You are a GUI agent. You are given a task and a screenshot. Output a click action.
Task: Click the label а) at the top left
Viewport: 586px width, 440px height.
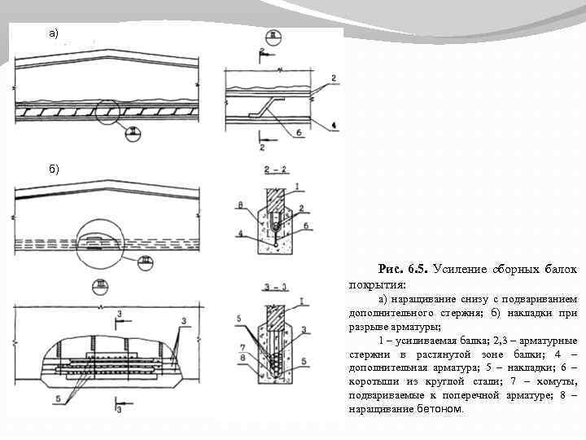point(52,33)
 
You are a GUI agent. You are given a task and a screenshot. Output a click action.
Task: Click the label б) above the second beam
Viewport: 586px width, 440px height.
point(52,169)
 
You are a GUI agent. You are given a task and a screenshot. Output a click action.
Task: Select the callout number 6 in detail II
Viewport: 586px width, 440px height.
point(299,131)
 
